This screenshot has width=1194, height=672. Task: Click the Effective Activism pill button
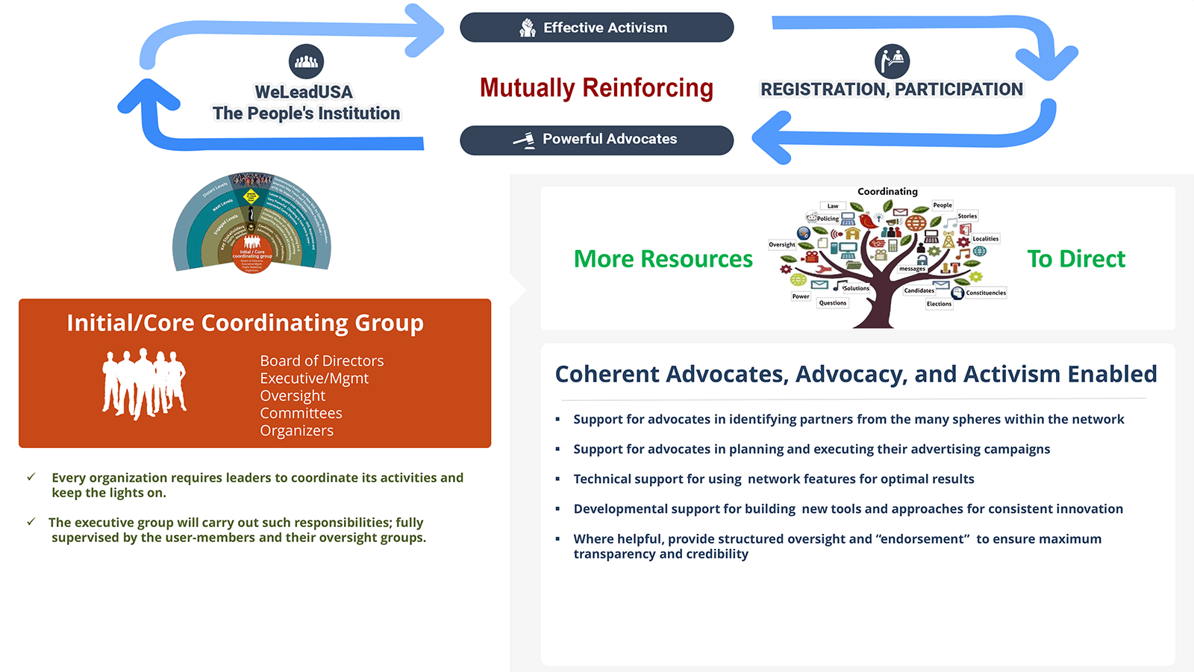[597, 28]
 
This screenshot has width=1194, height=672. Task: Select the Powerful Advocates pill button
[597, 140]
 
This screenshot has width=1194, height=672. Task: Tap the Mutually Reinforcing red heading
[596, 88]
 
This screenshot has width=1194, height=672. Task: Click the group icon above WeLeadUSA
[306, 62]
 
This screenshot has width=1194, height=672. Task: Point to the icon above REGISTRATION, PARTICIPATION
[892, 61]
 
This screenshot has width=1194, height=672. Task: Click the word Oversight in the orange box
[293, 396]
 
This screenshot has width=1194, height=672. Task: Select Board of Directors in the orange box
[322, 361]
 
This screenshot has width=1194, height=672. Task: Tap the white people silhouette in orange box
[144, 383]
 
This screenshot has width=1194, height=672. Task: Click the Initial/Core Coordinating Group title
[245, 323]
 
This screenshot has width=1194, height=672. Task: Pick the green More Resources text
[663, 259]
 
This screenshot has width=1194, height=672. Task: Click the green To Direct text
[1075, 259]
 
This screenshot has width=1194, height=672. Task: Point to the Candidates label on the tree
[919, 290]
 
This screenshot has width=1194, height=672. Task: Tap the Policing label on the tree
[827, 219]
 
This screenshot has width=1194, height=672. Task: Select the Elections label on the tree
[939, 304]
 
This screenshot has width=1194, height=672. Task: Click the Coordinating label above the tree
[887, 192]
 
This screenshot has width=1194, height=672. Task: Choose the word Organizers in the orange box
[296, 431]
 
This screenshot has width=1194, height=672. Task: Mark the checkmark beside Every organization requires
[31, 476]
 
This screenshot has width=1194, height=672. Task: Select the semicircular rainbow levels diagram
[251, 223]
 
